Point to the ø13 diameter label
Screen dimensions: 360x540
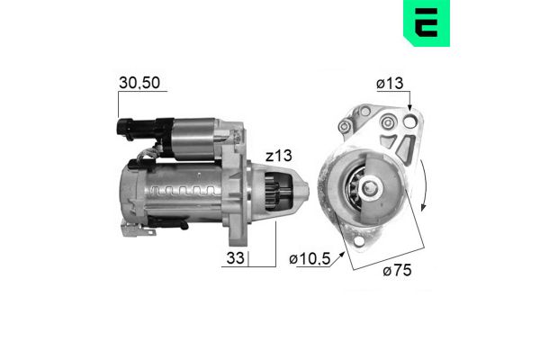[390, 85]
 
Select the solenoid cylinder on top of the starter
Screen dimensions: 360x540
[193, 135]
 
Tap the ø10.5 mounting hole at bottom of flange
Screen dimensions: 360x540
[365, 240]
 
